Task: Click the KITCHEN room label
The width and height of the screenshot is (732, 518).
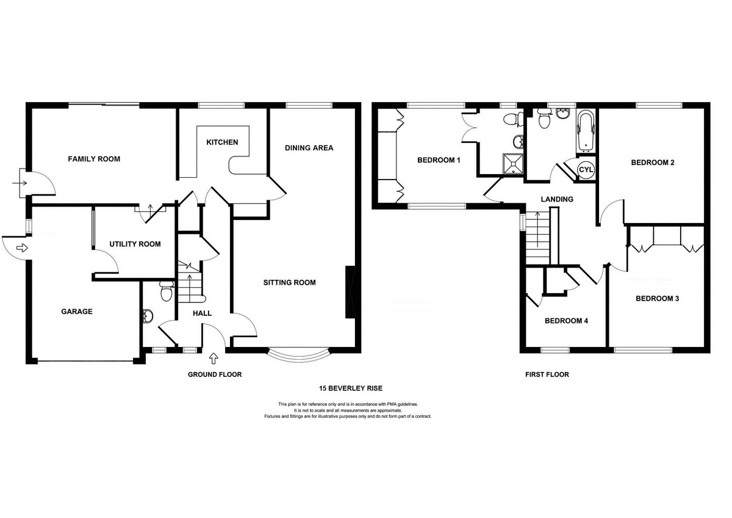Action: tap(222, 142)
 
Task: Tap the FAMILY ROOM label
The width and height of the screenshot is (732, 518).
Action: tap(94, 159)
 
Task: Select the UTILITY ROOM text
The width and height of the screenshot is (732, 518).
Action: tap(135, 244)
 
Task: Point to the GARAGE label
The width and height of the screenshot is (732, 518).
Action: tap(77, 312)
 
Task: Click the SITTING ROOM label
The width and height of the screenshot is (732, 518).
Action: tap(290, 283)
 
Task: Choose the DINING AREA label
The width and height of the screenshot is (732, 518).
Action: tap(309, 148)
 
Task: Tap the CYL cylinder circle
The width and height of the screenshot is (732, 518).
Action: tap(586, 170)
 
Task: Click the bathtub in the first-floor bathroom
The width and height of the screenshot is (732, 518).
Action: tap(585, 132)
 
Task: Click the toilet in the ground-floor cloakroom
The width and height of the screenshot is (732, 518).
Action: tap(167, 291)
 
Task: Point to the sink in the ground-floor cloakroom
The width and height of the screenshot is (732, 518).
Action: tap(148, 316)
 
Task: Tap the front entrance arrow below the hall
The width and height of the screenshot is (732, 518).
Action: tap(213, 359)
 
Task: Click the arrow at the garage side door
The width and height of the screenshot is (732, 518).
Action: tap(22, 248)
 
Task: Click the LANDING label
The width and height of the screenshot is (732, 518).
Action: tap(557, 199)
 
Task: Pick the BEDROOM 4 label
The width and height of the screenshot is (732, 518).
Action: tap(566, 321)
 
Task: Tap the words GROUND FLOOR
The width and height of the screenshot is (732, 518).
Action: tap(215, 374)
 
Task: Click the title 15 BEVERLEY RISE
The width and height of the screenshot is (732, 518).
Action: tap(351, 388)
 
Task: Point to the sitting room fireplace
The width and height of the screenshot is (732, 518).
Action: tap(350, 292)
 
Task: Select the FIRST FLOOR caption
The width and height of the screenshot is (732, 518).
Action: tap(547, 374)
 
